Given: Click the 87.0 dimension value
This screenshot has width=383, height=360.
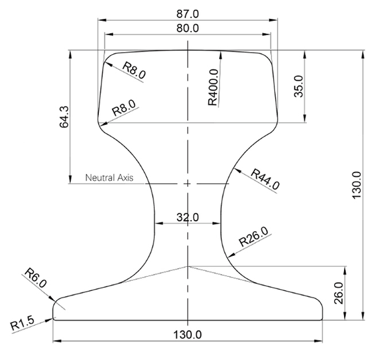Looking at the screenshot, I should click(x=187, y=12).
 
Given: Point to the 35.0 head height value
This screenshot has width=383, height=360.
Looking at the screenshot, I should click(x=298, y=86).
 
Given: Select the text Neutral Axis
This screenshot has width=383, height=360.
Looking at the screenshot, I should click(x=109, y=177).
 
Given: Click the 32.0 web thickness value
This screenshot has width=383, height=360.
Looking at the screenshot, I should click(x=187, y=217).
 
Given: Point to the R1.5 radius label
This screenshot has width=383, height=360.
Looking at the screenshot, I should click(x=26, y=322).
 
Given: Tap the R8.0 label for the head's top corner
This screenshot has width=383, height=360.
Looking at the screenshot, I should click(x=133, y=69).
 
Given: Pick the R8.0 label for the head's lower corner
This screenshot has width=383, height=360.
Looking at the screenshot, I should click(x=124, y=109).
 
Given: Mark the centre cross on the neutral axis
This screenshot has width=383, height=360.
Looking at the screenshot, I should click(x=188, y=184).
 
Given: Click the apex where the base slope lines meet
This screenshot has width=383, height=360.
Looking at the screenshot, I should click(x=188, y=266).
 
